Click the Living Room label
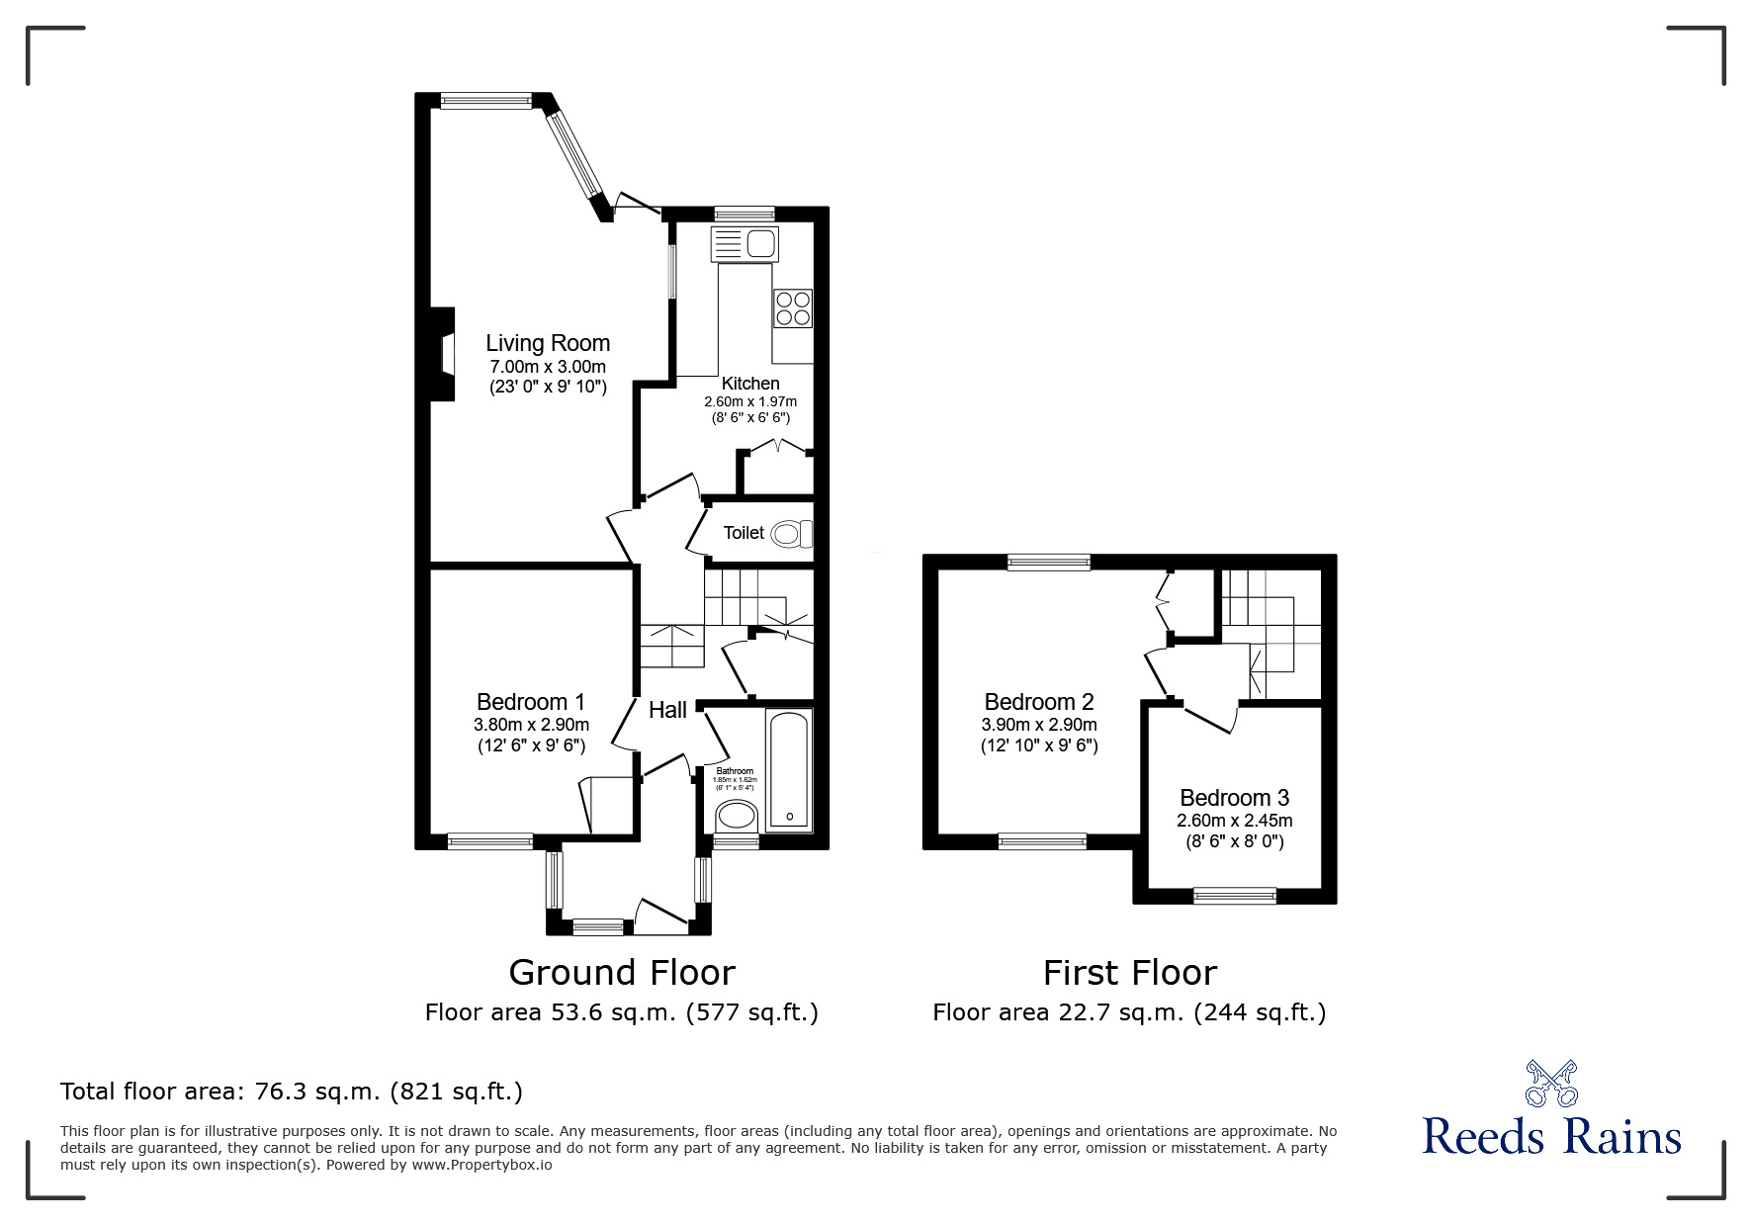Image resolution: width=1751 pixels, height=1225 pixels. tap(547, 343)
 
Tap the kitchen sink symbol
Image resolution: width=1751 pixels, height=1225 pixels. tap(745, 242)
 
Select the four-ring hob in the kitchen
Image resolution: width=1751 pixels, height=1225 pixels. tap(793, 307)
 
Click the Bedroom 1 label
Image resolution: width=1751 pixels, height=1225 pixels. tap(531, 702)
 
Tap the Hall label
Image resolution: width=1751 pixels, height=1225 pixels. tap(667, 710)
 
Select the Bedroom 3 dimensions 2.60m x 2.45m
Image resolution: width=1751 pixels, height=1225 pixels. tap(1234, 821)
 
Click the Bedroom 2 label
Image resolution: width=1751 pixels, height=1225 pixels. tap(1039, 702)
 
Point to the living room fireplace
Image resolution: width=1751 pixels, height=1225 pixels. tap(443, 354)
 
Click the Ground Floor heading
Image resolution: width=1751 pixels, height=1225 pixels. tap(621, 973)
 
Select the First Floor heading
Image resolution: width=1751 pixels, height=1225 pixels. tap(1129, 973)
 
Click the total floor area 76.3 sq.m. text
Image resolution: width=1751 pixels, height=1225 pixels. tap(292, 1092)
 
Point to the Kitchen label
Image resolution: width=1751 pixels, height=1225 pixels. tap(750, 384)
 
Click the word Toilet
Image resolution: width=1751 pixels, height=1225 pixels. tap(744, 533)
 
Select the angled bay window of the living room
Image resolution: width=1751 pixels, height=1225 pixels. tap(574, 155)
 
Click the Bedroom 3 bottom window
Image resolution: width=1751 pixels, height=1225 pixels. tap(1234, 896)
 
